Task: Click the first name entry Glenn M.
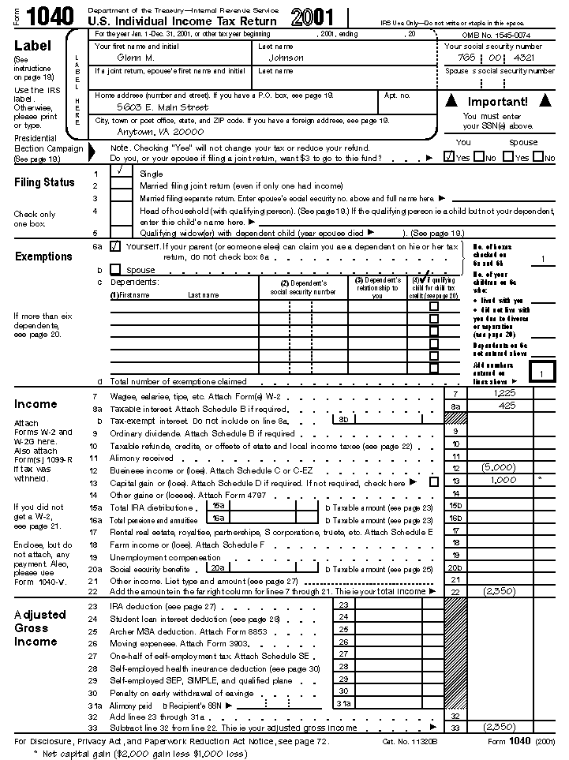tap(136, 58)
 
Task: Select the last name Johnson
tap(286, 58)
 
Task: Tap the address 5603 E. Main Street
tap(163, 107)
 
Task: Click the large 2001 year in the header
tap(313, 17)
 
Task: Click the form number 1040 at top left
tap(49, 16)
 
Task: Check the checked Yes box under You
tap(449, 157)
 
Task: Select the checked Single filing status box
tap(121, 171)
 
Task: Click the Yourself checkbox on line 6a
tap(115, 246)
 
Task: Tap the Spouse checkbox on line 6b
tap(115, 269)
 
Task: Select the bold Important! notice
tap(497, 102)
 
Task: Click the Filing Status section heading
tap(45, 182)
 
